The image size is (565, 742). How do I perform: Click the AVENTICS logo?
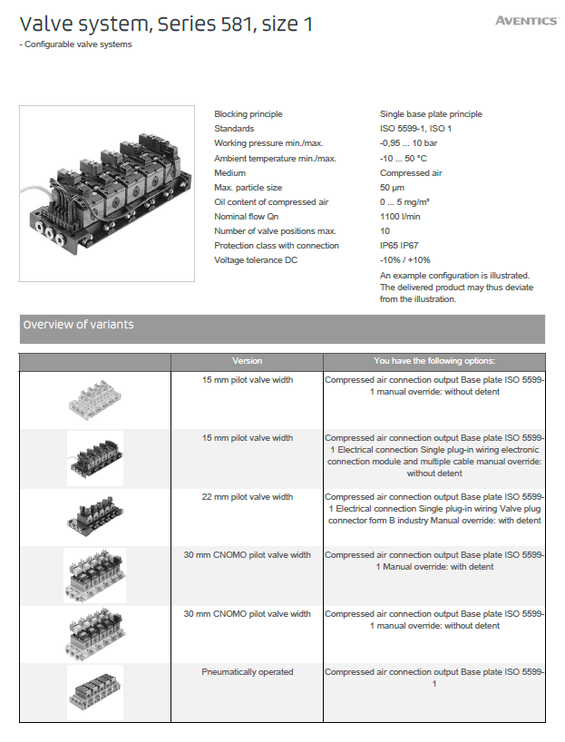(525, 21)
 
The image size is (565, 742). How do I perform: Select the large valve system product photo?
(107, 193)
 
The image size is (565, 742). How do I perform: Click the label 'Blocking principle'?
(248, 114)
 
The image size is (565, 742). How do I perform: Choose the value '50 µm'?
(392, 188)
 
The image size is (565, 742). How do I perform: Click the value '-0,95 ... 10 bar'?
(408, 143)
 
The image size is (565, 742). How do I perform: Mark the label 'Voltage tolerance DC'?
(257, 260)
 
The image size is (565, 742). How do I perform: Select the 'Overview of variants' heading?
(79, 325)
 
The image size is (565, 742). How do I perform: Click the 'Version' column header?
(247, 361)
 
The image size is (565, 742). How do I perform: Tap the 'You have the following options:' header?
(434, 361)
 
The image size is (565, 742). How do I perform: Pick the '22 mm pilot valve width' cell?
(247, 497)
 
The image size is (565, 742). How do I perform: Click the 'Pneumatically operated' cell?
(247, 672)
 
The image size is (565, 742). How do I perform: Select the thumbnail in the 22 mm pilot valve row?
(95, 517)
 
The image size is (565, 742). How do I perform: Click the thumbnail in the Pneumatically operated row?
(95, 692)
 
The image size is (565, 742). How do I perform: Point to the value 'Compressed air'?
(411, 172)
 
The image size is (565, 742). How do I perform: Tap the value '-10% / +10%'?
(404, 260)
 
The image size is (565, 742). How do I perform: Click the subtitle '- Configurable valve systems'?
(78, 44)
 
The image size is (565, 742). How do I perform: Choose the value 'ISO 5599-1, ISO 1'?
(415, 129)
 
